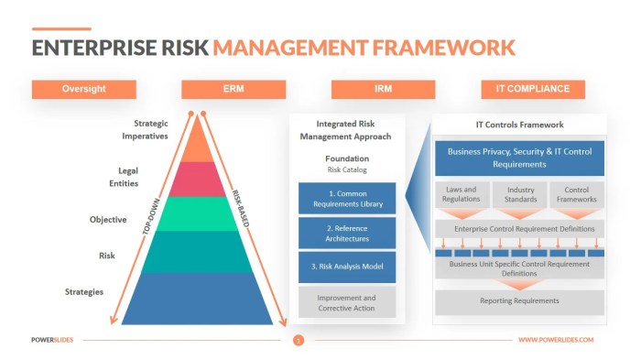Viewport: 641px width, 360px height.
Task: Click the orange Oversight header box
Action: click(x=83, y=90)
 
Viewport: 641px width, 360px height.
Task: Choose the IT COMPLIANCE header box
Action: click(x=532, y=90)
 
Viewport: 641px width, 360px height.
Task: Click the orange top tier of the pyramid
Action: click(x=198, y=143)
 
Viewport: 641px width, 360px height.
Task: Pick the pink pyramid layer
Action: click(x=198, y=180)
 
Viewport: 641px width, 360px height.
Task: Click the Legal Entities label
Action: click(x=128, y=177)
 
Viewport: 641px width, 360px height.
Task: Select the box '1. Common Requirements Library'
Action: click(x=347, y=199)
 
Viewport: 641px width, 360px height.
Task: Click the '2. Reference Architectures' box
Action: click(x=347, y=233)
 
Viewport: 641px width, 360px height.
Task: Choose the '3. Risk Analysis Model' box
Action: click(x=347, y=267)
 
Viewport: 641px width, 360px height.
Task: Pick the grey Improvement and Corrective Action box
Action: click(x=347, y=302)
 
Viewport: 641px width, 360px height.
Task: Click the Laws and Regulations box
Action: click(x=462, y=195)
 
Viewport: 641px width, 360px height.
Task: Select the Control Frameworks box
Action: click(x=577, y=195)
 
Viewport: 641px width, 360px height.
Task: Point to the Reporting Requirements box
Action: click(x=519, y=301)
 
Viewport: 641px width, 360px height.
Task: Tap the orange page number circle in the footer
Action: click(x=298, y=341)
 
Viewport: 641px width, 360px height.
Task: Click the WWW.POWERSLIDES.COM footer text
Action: click(x=555, y=341)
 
